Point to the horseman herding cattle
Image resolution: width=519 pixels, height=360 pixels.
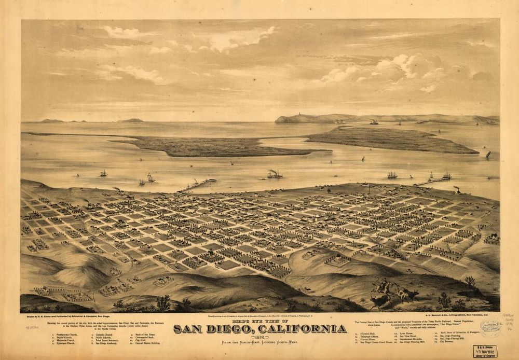pyautogui.click(x=384, y=285)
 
